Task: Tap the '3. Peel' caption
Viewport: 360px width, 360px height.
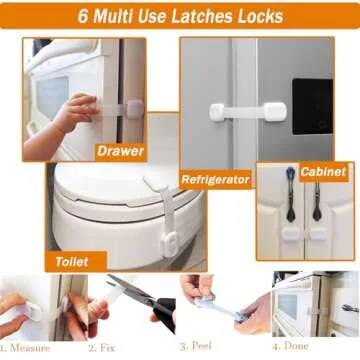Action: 196,348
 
